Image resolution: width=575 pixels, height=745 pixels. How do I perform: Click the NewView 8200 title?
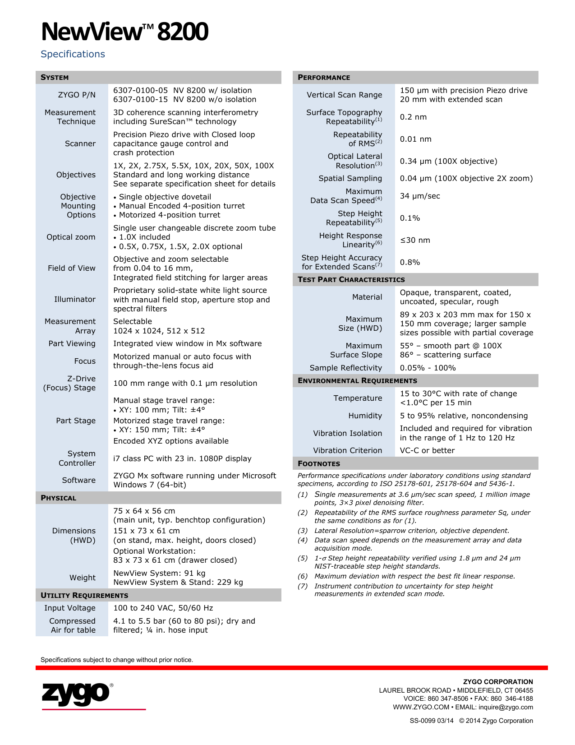tap(124, 32)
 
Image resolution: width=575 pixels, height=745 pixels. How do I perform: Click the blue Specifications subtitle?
tap(73, 54)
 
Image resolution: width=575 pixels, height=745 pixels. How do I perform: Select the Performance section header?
tap(324, 78)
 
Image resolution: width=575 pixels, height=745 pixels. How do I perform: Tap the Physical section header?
tap(58, 498)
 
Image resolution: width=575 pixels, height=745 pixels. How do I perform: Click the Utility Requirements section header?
tap(84, 596)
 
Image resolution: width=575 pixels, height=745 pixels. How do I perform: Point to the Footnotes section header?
tap(319, 464)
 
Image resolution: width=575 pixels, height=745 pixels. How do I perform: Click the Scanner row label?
tap(80, 143)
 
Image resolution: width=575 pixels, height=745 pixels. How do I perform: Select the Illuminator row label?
tap(75, 299)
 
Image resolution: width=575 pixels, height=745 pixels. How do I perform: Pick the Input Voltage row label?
tap(70, 608)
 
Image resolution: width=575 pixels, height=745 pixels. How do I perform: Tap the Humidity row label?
tap(365, 416)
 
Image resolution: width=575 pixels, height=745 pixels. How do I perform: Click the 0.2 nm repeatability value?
tap(413, 117)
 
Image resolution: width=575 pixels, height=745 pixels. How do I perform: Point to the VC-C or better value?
tap(427, 450)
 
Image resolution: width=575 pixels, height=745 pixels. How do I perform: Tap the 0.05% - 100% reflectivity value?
tap(428, 368)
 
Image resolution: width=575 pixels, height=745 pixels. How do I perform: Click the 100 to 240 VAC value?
tap(163, 608)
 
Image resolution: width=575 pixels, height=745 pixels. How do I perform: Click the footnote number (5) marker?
tap(302, 558)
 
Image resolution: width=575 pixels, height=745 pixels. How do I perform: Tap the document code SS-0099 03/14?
tap(431, 721)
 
